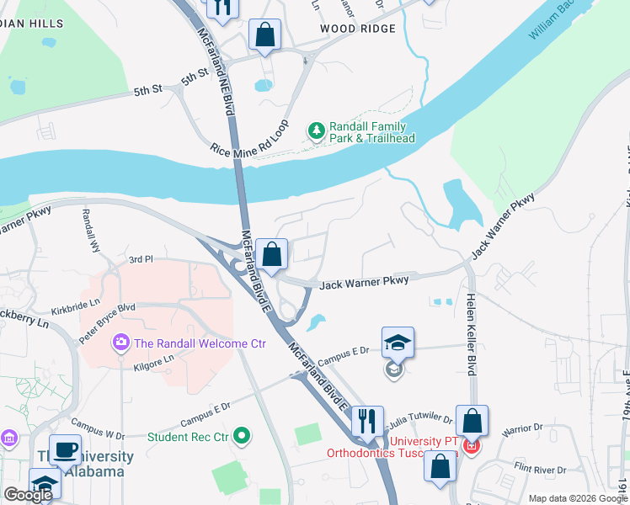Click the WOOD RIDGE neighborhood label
coord(357,29)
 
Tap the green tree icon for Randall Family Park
coord(316,130)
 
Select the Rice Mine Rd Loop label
coord(249,139)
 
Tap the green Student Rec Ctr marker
coord(243,436)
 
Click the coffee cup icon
coord(66,449)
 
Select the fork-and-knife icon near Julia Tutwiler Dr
coord(366,420)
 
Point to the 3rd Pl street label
coord(141,260)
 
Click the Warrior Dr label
coord(521,435)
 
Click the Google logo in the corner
coord(28,494)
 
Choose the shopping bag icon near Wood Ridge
coord(265,36)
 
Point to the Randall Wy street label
coord(88,231)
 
